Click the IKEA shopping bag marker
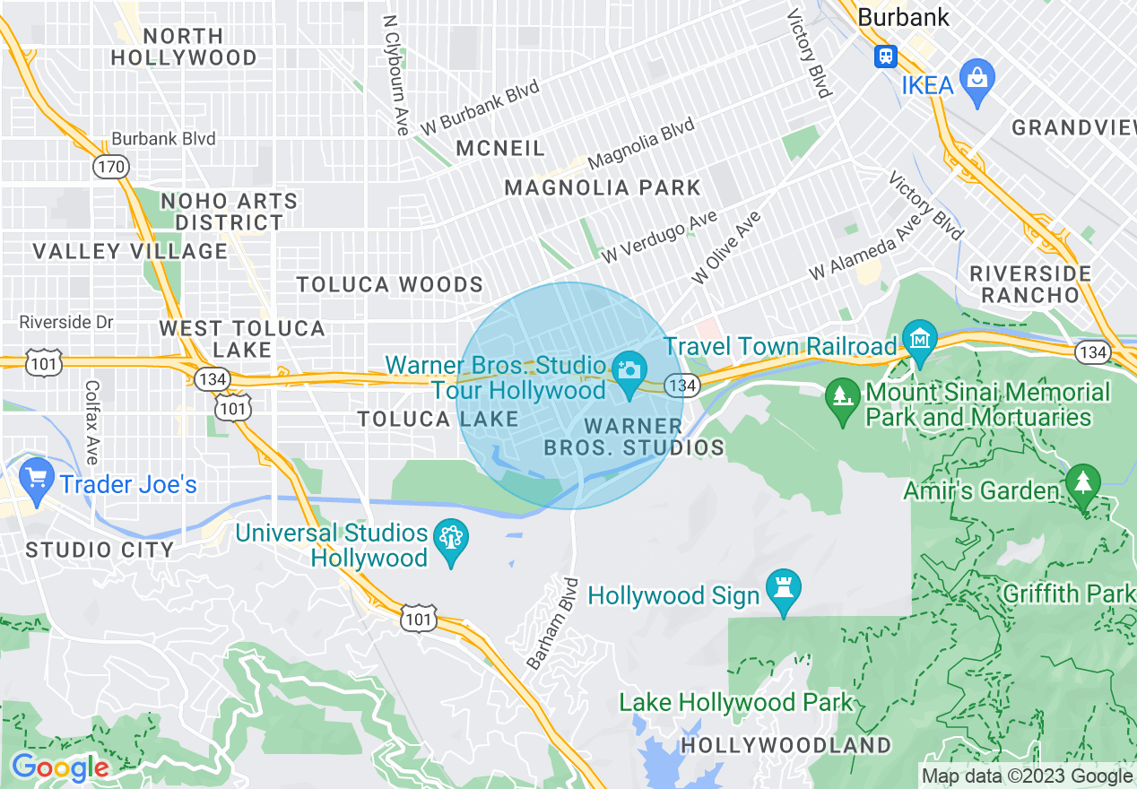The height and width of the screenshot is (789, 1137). pyautogui.click(x=976, y=77)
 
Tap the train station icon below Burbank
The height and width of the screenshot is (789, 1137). pyautogui.click(x=885, y=56)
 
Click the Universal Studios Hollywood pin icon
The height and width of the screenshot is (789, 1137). pyautogui.click(x=450, y=541)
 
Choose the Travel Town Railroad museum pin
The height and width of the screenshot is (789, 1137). pyautogui.click(x=921, y=342)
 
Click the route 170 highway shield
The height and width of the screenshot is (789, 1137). pyautogui.click(x=111, y=167)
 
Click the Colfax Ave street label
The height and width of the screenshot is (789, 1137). pyautogui.click(x=91, y=422)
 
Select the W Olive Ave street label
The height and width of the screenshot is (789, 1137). pyautogui.click(x=725, y=247)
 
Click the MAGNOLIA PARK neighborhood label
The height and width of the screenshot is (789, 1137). pyautogui.click(x=602, y=187)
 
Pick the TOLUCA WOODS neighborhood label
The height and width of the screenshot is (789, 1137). pyautogui.click(x=389, y=285)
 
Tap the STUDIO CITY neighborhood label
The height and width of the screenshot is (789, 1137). pyautogui.click(x=100, y=550)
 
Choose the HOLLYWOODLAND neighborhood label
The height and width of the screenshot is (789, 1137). pyautogui.click(x=785, y=745)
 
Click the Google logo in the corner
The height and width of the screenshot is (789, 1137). pyautogui.click(x=59, y=767)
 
